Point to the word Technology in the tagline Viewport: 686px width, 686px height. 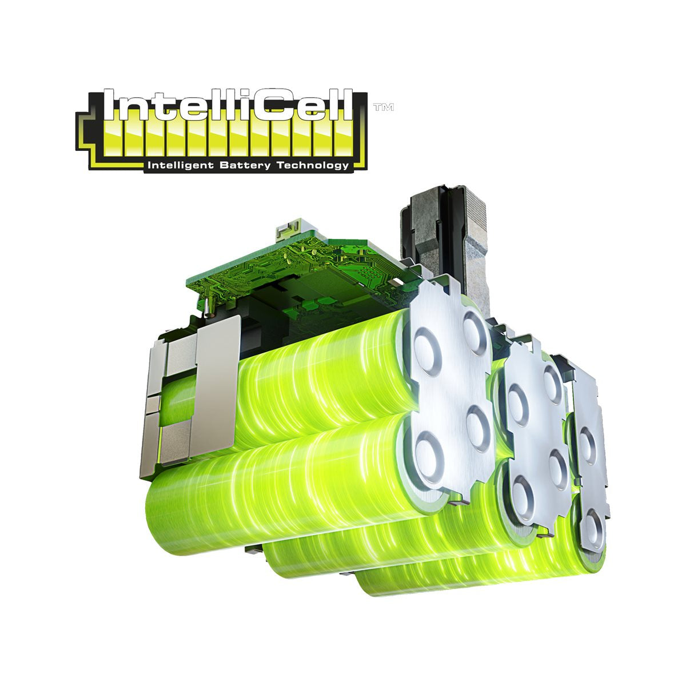312,166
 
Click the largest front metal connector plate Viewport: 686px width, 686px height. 452,389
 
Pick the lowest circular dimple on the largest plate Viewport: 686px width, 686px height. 429,457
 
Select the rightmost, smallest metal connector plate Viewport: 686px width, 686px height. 589,457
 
